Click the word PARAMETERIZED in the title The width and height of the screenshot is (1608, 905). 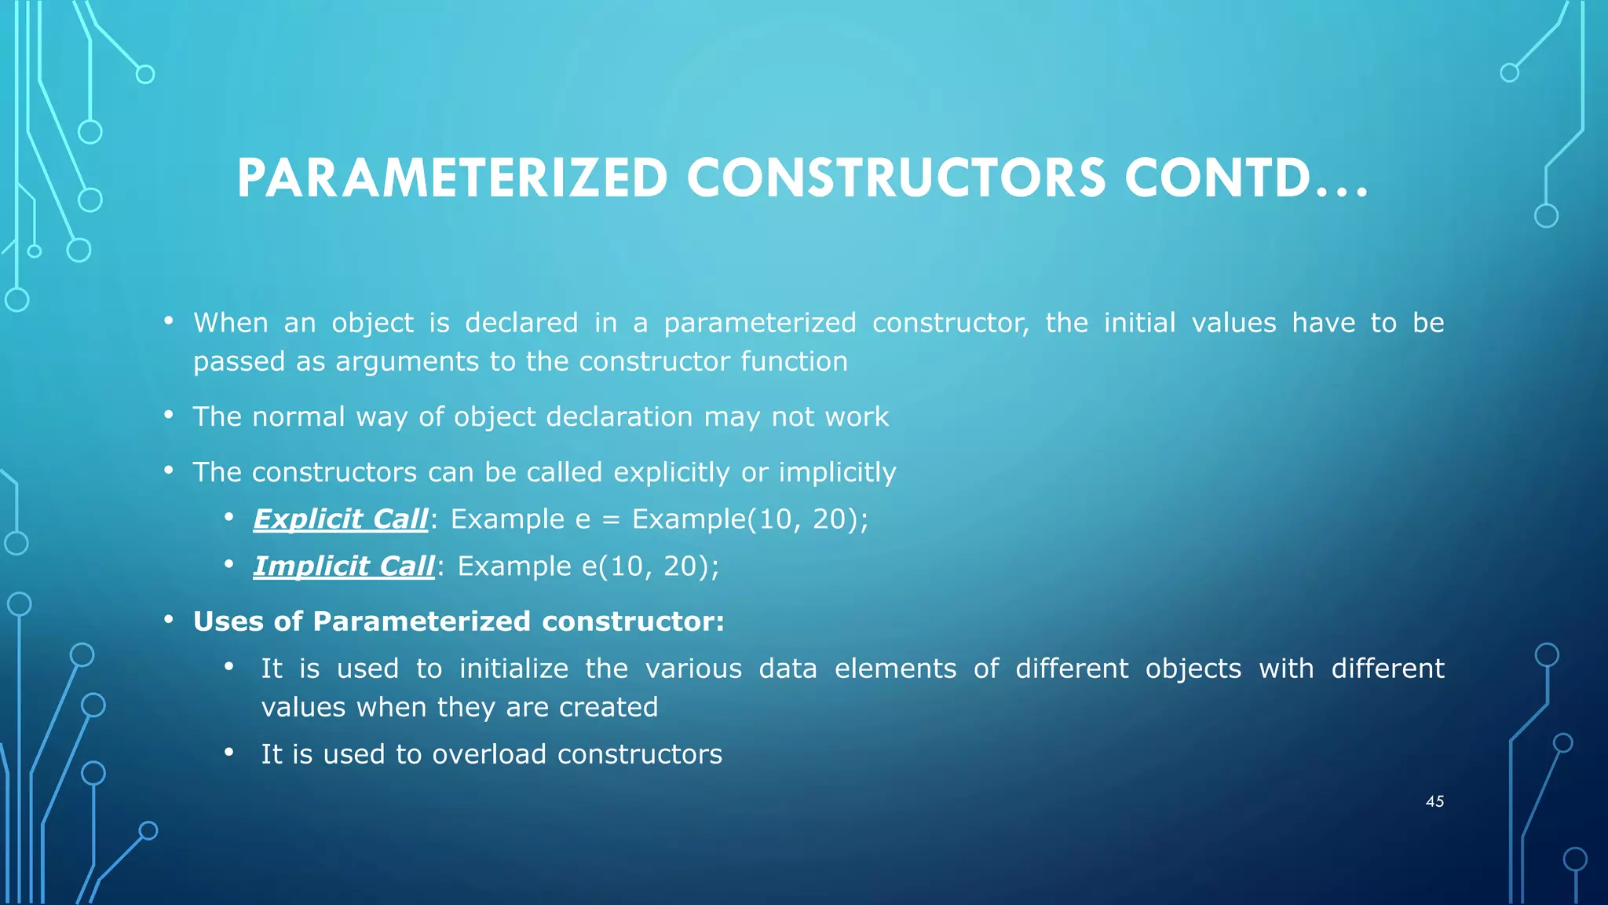(452, 178)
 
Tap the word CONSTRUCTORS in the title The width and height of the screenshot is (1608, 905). (896, 178)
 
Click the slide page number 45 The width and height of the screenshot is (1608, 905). (1434, 801)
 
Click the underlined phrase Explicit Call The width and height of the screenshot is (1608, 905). (341, 519)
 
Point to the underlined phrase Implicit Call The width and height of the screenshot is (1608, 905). (344, 566)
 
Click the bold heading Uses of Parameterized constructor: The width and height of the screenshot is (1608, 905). (459, 621)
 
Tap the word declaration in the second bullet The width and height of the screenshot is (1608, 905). (619, 416)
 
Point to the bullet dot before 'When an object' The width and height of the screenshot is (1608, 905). (169, 321)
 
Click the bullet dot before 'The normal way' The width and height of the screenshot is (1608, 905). (169, 415)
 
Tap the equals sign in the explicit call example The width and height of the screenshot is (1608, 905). (611, 520)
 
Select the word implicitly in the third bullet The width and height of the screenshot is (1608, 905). (837, 472)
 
